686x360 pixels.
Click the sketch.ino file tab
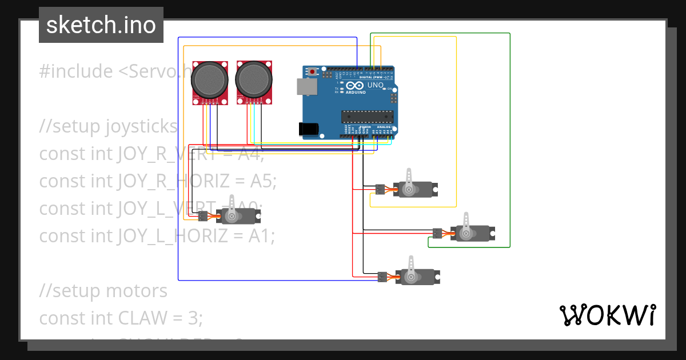click(x=101, y=25)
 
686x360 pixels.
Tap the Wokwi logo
click(x=607, y=315)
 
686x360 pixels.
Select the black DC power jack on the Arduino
click(x=308, y=129)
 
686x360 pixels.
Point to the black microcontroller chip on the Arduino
click(x=368, y=117)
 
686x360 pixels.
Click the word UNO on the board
click(x=375, y=85)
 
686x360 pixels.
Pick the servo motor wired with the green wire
click(x=472, y=233)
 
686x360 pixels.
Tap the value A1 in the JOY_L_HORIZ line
click(x=261, y=235)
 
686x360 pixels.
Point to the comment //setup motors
click(x=103, y=290)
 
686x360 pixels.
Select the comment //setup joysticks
click(x=109, y=126)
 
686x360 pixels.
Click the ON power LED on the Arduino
click(x=389, y=89)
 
